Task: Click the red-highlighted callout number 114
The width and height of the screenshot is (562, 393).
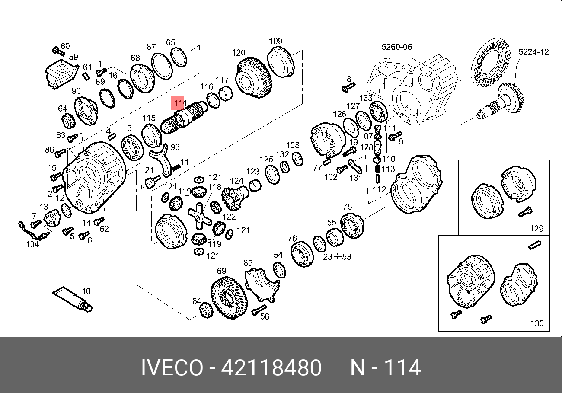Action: [178, 104]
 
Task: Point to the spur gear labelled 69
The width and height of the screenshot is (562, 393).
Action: [229, 298]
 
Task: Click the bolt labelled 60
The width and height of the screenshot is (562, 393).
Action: [57, 51]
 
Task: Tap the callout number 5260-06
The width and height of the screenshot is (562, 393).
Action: [396, 47]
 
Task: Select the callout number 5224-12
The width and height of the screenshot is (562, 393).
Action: [533, 52]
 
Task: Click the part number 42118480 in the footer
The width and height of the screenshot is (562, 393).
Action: [271, 368]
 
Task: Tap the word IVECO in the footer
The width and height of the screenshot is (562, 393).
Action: [172, 368]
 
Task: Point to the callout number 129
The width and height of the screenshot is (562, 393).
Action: [536, 228]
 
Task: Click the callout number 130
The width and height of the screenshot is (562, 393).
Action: [536, 323]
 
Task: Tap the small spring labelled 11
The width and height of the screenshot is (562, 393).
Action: [176, 167]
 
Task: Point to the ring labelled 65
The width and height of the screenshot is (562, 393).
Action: [178, 57]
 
